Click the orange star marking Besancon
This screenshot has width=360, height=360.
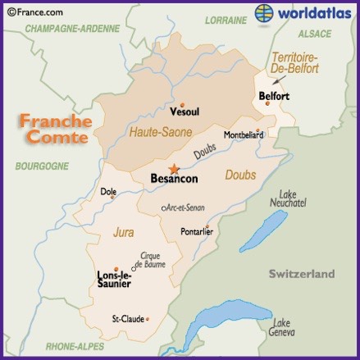click(174, 167)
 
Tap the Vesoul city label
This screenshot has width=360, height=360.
click(184, 111)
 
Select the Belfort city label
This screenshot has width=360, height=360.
click(274, 97)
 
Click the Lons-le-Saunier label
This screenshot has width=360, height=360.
click(114, 280)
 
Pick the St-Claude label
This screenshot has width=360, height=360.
click(127, 318)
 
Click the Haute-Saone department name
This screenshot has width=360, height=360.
click(161, 131)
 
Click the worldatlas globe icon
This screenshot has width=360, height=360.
click(265, 13)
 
